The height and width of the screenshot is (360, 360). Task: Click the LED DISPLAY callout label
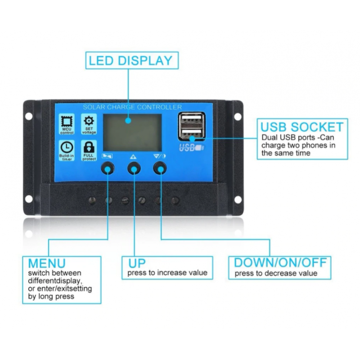point(130,60)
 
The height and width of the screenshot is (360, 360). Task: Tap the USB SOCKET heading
point(302,127)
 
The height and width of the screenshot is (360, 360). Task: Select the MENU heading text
point(47,263)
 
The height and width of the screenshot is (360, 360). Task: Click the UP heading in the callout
point(137,263)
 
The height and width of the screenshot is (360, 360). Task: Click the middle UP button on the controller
point(133,168)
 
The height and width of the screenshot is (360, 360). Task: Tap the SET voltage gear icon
point(89,121)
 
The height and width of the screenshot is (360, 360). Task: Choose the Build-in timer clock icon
point(67,147)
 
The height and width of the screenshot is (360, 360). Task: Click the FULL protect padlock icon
point(89,147)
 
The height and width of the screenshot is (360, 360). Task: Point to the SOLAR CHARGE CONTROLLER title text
point(132,107)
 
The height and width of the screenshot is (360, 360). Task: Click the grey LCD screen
point(132,132)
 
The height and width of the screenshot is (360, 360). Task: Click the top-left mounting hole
point(29,116)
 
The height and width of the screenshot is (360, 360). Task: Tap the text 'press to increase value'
point(167,273)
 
